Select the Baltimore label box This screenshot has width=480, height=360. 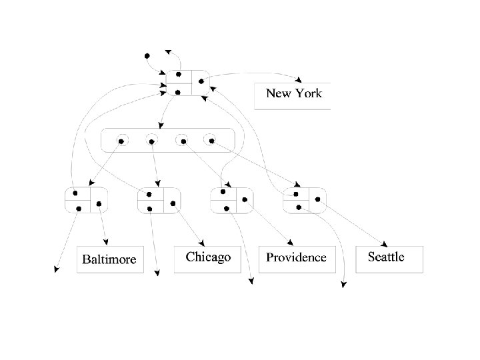(x=110, y=259)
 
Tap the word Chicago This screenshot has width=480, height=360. (x=208, y=257)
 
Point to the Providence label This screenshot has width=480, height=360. (x=296, y=257)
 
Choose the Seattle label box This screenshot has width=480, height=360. (x=390, y=257)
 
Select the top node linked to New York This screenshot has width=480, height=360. (x=189, y=82)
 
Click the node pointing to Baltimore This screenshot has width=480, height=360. (x=85, y=200)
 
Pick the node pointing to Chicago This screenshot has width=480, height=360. (x=159, y=200)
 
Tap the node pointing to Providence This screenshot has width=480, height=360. (x=231, y=200)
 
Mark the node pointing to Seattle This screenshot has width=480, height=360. (x=305, y=200)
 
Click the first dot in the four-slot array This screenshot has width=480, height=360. (x=121, y=141)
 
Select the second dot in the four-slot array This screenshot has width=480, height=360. (x=151, y=141)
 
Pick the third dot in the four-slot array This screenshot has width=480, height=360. (x=181, y=141)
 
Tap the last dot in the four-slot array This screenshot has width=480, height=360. (x=211, y=141)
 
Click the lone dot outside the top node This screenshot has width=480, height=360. (x=147, y=56)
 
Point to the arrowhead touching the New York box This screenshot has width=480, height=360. (x=301, y=81)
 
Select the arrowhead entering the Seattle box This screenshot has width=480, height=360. (x=386, y=245)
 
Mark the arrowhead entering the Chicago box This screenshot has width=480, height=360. (x=201, y=244)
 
